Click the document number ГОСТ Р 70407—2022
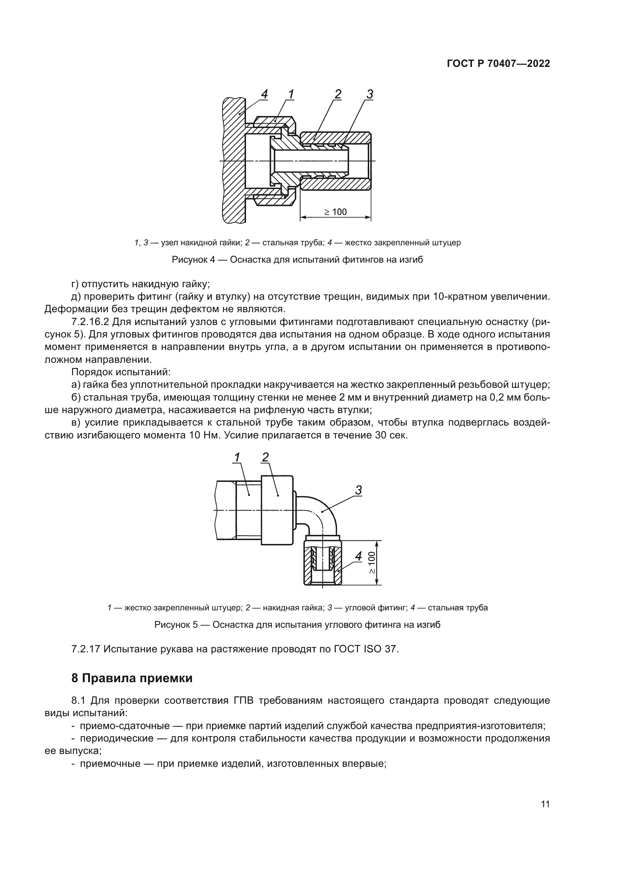tap(498, 64)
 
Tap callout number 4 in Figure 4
tap(264, 94)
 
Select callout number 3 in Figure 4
tap(370, 94)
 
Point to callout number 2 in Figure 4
tap(337, 94)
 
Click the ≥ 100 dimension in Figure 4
tap(335, 212)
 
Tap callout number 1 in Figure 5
tap(237, 457)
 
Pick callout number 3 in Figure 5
tap(358, 490)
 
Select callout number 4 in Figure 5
tap(358, 556)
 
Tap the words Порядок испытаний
tap(121, 372)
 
